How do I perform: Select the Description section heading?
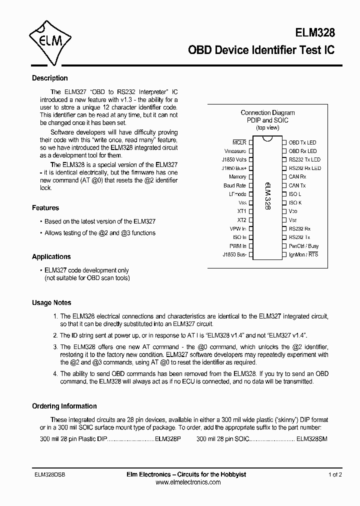coord(49,78)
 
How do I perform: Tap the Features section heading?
coord(45,207)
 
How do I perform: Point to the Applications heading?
coord(51,256)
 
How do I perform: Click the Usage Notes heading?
coord(51,302)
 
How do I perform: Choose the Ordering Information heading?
coord(64,406)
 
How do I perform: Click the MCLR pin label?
coord(239,142)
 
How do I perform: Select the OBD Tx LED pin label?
coord(302,142)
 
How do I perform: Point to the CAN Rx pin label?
coord(297,177)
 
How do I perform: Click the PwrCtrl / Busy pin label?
coord(303,246)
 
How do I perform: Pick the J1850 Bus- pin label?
coord(234,254)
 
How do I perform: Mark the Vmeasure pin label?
coord(235,151)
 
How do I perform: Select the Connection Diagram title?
coord(267,113)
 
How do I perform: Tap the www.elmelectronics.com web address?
coord(188,482)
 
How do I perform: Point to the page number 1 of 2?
coord(335,474)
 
